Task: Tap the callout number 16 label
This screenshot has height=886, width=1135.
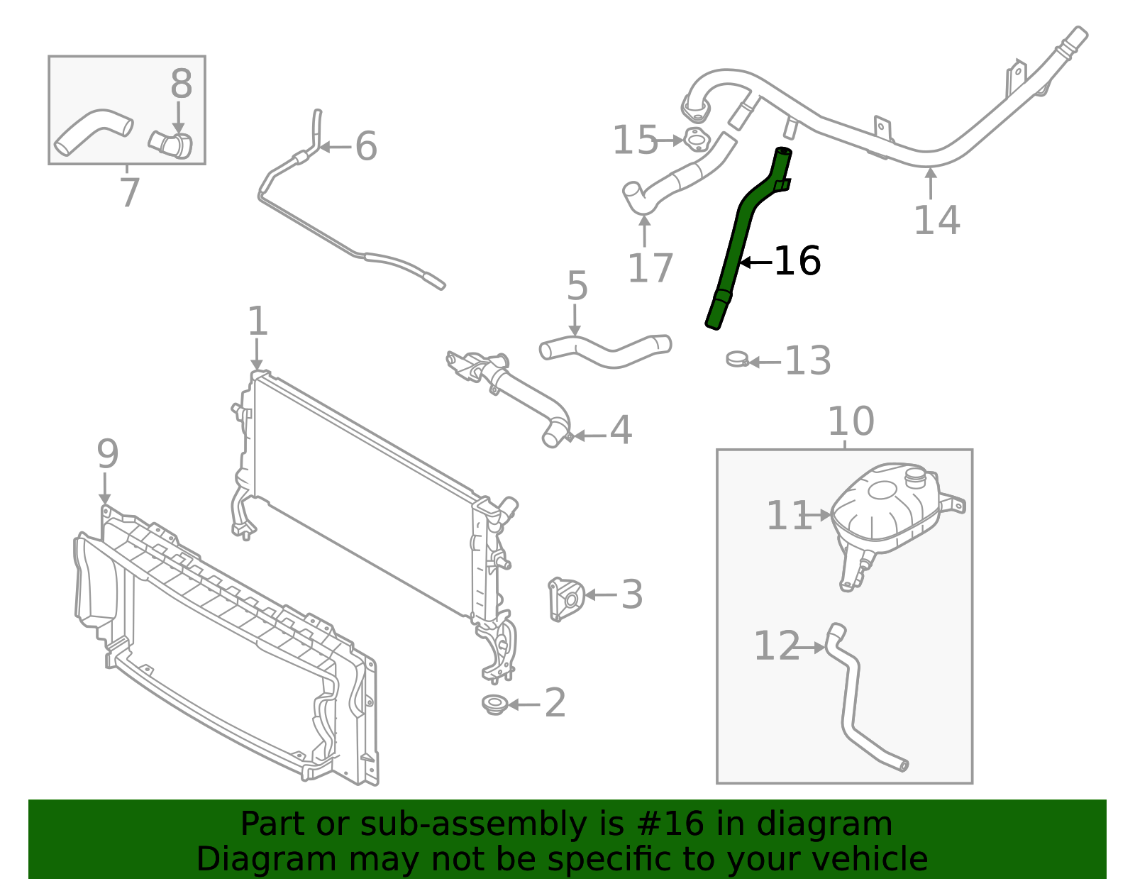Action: (x=797, y=261)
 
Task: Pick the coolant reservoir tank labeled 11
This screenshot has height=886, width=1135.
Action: (x=887, y=507)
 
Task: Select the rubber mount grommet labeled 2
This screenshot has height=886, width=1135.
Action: (x=494, y=704)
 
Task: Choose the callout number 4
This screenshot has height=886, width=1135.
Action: (x=621, y=430)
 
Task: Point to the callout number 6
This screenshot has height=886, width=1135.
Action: (x=365, y=146)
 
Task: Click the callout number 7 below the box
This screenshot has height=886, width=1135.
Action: (x=129, y=193)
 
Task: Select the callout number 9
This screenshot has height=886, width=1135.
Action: (x=107, y=454)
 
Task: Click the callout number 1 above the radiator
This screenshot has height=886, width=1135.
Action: (x=258, y=321)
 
